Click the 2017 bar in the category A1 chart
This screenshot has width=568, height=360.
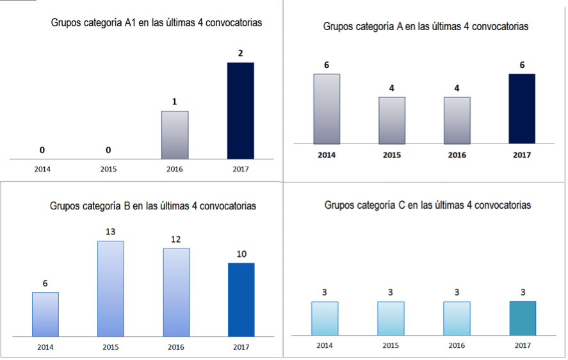241,110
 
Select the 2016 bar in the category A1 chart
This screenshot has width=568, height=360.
174,135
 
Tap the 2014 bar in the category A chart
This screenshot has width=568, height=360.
327,108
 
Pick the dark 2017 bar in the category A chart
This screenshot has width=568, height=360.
522,108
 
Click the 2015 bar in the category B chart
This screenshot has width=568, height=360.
111,288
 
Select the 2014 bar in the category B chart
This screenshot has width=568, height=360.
45,314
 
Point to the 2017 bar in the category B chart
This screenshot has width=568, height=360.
241,299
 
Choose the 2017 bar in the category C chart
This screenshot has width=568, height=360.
523,318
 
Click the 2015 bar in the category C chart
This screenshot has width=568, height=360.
391,318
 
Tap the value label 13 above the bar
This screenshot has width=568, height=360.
110,231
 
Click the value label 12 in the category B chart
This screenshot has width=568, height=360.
175,239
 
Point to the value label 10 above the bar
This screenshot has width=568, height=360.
241,254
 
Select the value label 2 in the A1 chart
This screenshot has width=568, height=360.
240,53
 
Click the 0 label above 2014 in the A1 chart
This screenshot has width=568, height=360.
42,150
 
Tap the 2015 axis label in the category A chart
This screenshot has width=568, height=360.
391,155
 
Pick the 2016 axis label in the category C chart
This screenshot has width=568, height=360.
457,345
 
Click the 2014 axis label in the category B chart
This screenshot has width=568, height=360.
45,347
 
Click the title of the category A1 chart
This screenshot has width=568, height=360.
156,22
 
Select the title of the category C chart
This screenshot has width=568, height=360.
428,206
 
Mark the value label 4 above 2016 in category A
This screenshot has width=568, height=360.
457,88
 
